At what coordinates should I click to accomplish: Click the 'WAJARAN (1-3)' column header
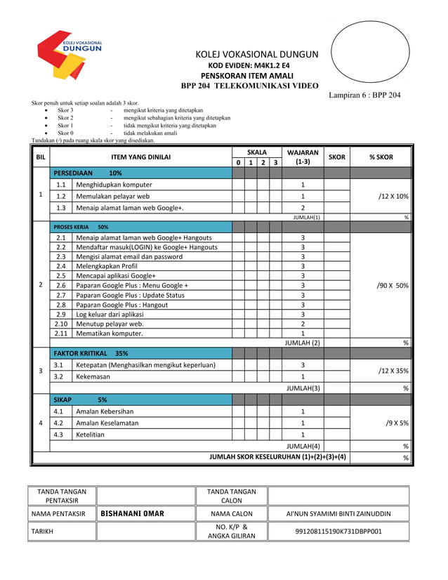click(x=303, y=157)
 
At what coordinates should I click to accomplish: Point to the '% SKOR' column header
click(x=381, y=157)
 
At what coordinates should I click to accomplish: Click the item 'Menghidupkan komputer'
click(x=114, y=185)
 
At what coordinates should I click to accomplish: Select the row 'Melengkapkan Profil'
click(x=110, y=266)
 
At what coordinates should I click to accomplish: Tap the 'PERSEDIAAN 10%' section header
click(x=88, y=173)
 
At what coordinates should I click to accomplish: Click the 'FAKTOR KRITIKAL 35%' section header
click(x=91, y=353)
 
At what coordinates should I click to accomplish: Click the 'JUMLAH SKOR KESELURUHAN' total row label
click(x=277, y=457)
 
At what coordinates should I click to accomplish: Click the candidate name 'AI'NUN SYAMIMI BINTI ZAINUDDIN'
click(x=338, y=514)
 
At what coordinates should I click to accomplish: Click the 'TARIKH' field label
click(x=44, y=532)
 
